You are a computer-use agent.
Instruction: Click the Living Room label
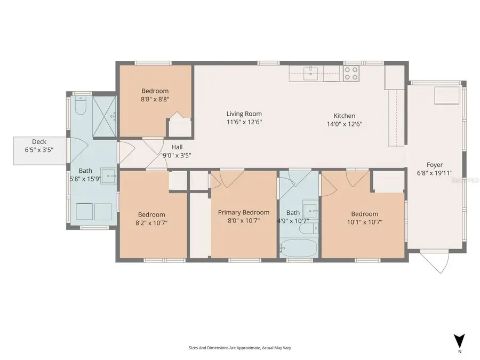(244, 114)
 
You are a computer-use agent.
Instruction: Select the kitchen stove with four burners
(350, 73)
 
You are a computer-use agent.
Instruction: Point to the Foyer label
(435, 165)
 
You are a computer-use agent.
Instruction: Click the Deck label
(39, 141)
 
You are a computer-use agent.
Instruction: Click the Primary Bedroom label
(244, 212)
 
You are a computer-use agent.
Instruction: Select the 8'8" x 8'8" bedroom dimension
(155, 99)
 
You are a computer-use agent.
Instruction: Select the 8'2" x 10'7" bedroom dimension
(151, 223)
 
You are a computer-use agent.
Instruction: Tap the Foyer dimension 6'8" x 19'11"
(435, 173)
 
